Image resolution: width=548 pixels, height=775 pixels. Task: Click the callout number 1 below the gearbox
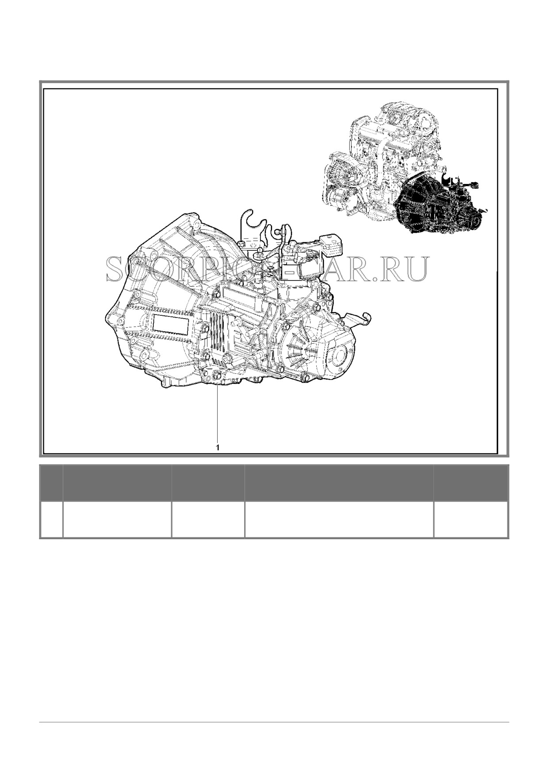point(217,447)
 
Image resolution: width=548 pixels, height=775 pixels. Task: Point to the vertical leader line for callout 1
point(217,415)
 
